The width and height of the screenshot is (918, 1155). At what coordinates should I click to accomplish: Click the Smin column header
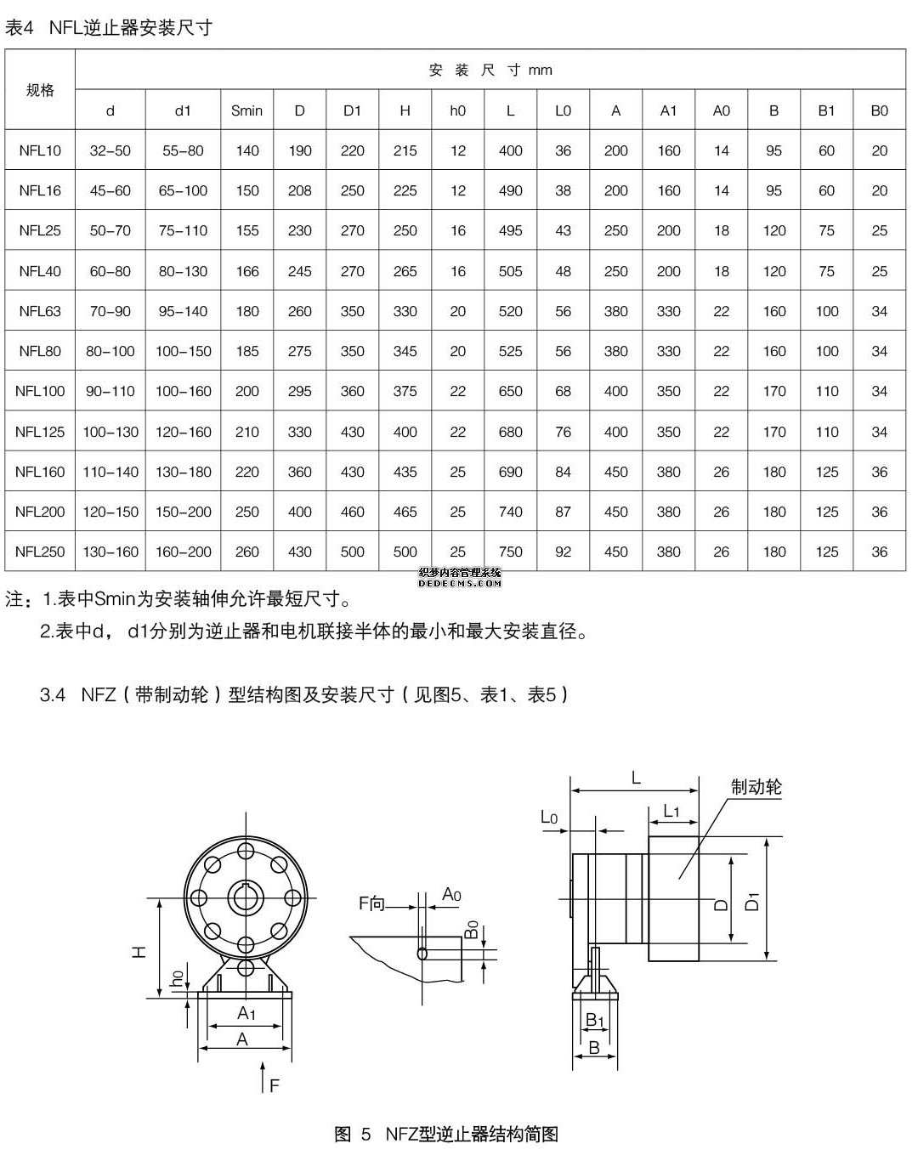point(246,110)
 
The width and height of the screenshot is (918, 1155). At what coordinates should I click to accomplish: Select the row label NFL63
point(40,311)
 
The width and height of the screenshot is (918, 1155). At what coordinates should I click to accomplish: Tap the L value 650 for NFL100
point(510,392)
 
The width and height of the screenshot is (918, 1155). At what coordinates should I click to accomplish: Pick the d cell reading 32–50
point(110,150)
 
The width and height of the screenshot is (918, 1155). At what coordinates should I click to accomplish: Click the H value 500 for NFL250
point(405,552)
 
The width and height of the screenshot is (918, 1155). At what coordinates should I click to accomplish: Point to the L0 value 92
point(563,552)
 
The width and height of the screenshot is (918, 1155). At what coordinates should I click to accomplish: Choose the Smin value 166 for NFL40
point(246,271)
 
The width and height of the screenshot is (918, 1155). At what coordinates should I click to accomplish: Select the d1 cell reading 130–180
point(183,472)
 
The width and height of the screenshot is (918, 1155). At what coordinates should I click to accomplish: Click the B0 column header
point(879,110)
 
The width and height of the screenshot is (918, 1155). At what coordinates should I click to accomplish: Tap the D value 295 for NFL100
point(299,392)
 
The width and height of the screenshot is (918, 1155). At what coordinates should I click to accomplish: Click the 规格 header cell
point(40,90)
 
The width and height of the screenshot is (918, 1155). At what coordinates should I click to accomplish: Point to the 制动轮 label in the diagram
point(756,787)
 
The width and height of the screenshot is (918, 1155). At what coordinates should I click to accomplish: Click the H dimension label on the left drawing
point(141,951)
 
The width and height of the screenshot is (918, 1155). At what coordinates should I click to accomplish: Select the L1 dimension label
point(671,812)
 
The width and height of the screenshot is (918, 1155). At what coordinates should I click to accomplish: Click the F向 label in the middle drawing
point(371,903)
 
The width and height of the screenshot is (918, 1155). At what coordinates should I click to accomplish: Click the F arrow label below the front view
point(274,1085)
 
